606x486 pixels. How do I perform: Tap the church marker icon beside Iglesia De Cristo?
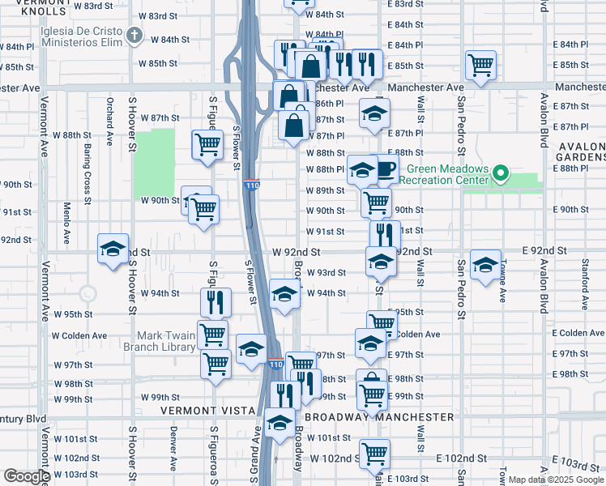pos(134,36)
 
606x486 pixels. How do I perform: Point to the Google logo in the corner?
pos(26,476)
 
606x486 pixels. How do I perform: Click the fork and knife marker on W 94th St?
pos(216,301)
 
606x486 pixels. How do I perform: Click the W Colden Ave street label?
pos(79,335)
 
